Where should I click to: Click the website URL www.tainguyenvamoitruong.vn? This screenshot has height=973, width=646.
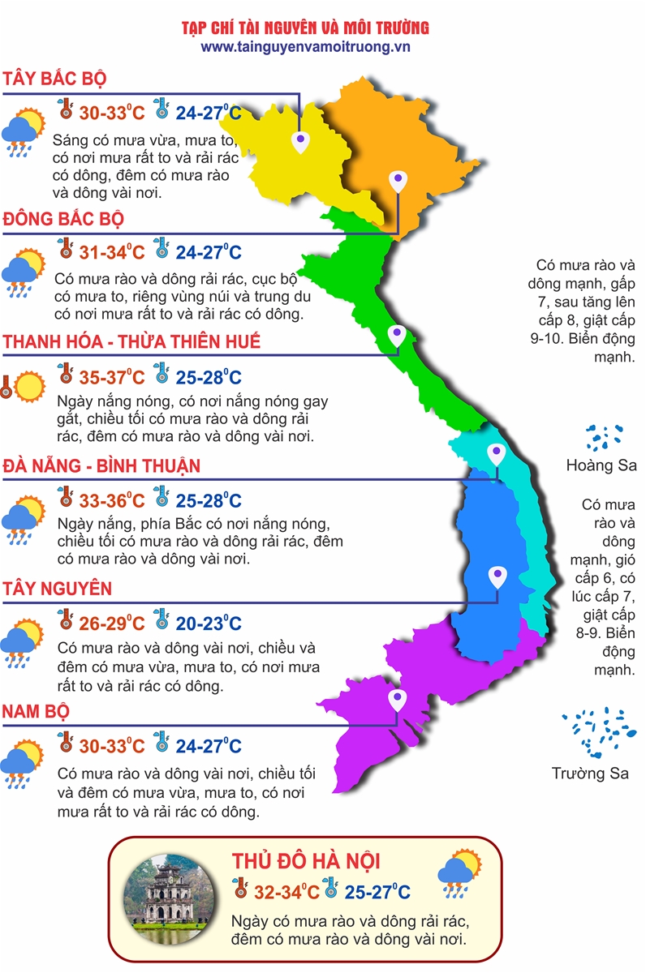pos(306,47)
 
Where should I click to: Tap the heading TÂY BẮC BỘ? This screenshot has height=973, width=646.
pos(55,79)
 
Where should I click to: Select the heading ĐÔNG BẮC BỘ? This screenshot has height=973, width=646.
pos(63,219)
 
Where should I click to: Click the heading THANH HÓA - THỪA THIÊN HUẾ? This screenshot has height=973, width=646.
pos(131,341)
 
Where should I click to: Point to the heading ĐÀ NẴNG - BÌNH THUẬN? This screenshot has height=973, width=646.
pos(101,466)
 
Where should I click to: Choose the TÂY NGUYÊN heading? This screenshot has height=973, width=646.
pos(57,588)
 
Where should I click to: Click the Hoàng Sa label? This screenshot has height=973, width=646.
pos(601,466)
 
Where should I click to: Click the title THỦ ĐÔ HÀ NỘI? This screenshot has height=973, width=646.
pos(306,861)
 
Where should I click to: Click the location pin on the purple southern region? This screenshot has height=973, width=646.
pos(397,699)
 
